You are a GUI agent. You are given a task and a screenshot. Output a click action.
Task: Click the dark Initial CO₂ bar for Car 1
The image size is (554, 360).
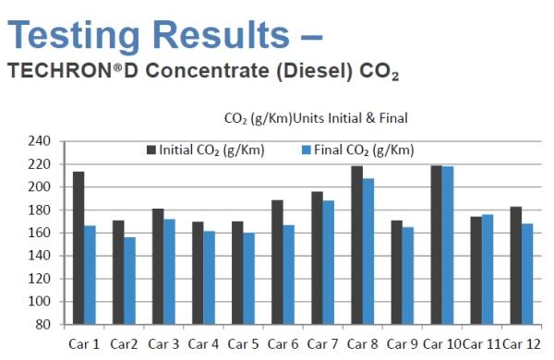coord(78,248)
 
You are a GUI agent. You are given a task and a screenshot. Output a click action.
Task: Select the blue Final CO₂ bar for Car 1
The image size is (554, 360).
coord(90,275)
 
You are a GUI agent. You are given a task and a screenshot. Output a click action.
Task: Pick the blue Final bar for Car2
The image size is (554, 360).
coord(129,281)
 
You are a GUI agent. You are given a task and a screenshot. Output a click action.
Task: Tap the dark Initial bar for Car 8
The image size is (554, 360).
coord(356,246)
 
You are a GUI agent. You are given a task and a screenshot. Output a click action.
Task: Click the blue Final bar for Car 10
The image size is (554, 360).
coord(448,246)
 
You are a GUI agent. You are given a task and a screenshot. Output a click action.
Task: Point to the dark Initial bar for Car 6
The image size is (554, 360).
coord(277,262)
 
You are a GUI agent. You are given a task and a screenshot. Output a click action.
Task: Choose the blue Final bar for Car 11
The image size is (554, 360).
coord(488,270)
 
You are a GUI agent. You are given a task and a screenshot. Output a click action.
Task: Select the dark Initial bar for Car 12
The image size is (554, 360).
coord(516,266)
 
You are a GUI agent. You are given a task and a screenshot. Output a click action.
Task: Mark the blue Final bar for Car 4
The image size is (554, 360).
coord(210,278)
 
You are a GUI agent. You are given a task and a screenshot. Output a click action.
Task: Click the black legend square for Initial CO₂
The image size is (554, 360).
coord(151,150)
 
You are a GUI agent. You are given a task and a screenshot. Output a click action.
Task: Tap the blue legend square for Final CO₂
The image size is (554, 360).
coord(307,150)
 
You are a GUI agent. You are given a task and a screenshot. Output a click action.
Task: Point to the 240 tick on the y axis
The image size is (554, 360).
coord(39,141)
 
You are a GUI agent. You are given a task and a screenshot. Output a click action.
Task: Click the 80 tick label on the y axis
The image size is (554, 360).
coord(43,324)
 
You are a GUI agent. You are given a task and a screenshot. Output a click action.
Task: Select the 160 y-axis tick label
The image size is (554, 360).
coord(39,233)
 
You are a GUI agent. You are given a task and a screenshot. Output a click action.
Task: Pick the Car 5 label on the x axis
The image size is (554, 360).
coord(243,344)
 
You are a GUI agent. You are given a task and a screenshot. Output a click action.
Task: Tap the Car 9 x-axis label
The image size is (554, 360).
coord(402,344)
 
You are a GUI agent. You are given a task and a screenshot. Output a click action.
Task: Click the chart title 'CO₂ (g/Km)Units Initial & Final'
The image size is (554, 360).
coord(316,118)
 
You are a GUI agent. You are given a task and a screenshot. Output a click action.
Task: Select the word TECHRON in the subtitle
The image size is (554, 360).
coord(60,70)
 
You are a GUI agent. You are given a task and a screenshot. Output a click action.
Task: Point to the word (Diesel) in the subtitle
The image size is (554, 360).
coord(315,71)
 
